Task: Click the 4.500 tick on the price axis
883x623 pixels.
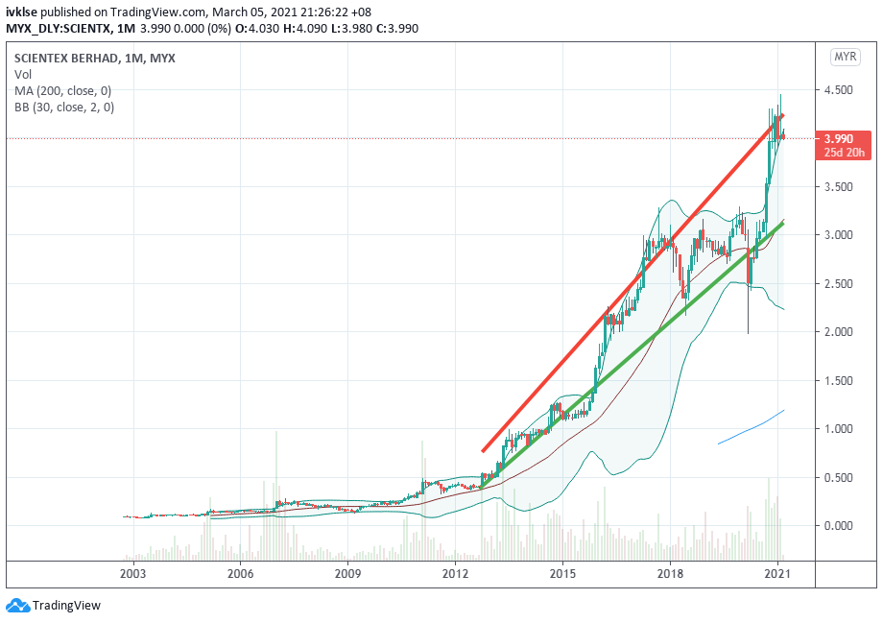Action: click(839, 90)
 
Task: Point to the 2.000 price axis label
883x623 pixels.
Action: click(839, 332)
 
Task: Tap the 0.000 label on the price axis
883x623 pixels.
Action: click(839, 525)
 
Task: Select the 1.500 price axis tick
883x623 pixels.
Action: click(839, 381)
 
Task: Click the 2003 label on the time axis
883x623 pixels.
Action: click(132, 574)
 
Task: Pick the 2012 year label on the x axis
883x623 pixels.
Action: click(455, 574)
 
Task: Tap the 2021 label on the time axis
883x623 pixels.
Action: click(776, 574)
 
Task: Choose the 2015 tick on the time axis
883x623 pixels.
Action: click(562, 574)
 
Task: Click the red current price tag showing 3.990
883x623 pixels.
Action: click(839, 138)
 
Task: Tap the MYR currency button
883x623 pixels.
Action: click(844, 58)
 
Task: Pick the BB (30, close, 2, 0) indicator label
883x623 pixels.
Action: click(64, 108)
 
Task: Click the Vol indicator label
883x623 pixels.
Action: click(22, 75)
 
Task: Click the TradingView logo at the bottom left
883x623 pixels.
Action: click(54, 606)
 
